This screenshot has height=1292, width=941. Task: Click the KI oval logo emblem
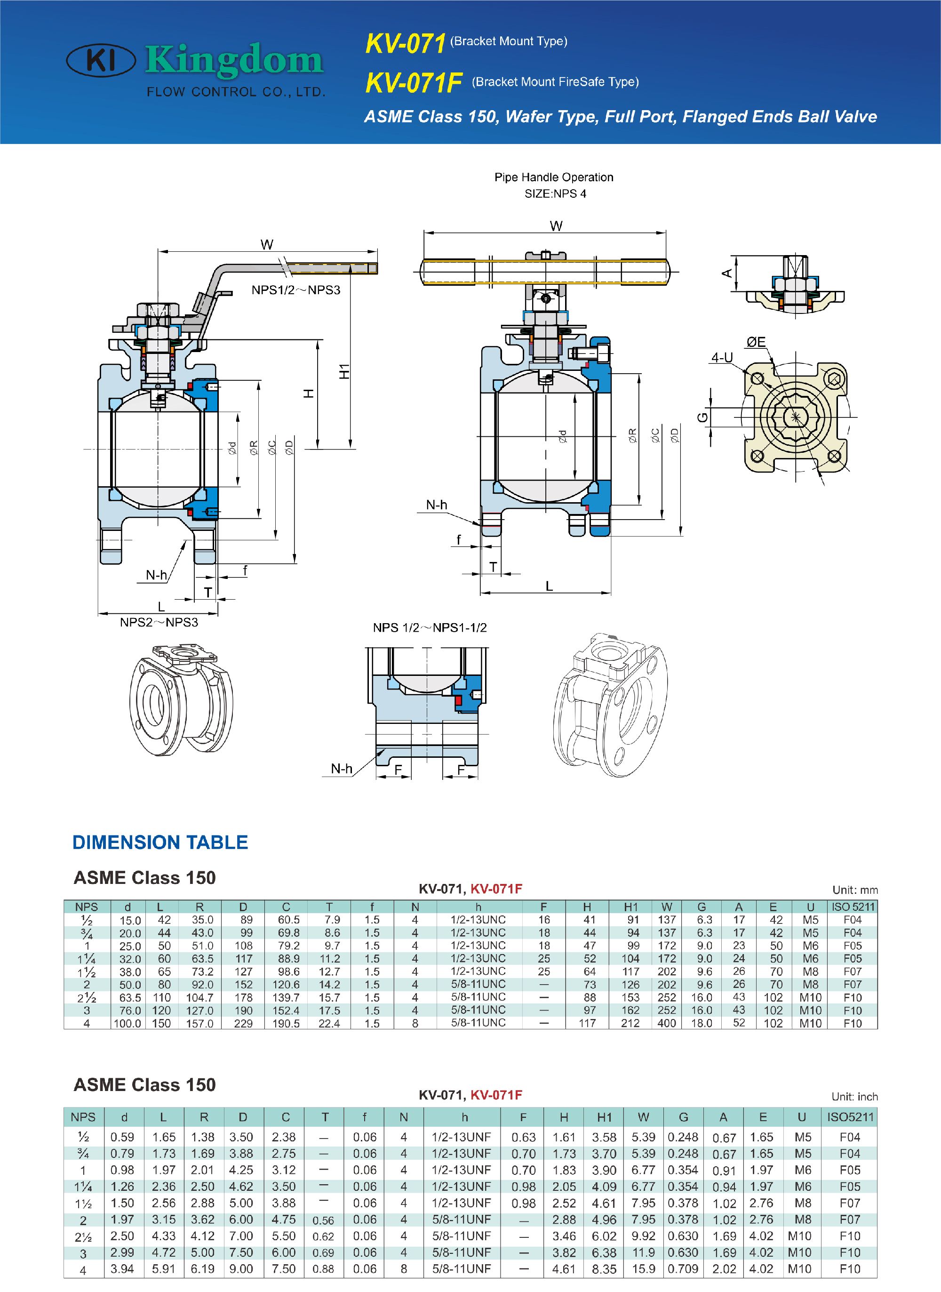(x=101, y=60)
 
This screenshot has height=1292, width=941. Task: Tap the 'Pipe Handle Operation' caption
(x=554, y=177)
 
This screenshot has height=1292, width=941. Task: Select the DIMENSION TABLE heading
(x=160, y=842)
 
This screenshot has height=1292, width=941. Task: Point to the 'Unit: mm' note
(x=854, y=890)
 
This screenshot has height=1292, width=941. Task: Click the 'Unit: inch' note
(x=854, y=1097)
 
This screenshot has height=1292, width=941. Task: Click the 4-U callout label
(x=722, y=357)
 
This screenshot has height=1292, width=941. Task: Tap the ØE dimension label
(x=756, y=342)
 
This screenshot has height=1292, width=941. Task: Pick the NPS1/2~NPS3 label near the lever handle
(x=295, y=290)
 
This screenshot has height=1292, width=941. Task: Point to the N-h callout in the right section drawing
(x=436, y=505)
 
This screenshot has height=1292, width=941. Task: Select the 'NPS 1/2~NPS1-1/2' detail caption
(x=430, y=628)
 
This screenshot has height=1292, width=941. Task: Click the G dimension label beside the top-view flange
(x=703, y=417)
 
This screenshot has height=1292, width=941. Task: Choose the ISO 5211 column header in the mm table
(x=852, y=907)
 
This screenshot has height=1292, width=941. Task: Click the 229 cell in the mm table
(x=243, y=1024)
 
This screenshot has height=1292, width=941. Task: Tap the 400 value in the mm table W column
(x=666, y=1024)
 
